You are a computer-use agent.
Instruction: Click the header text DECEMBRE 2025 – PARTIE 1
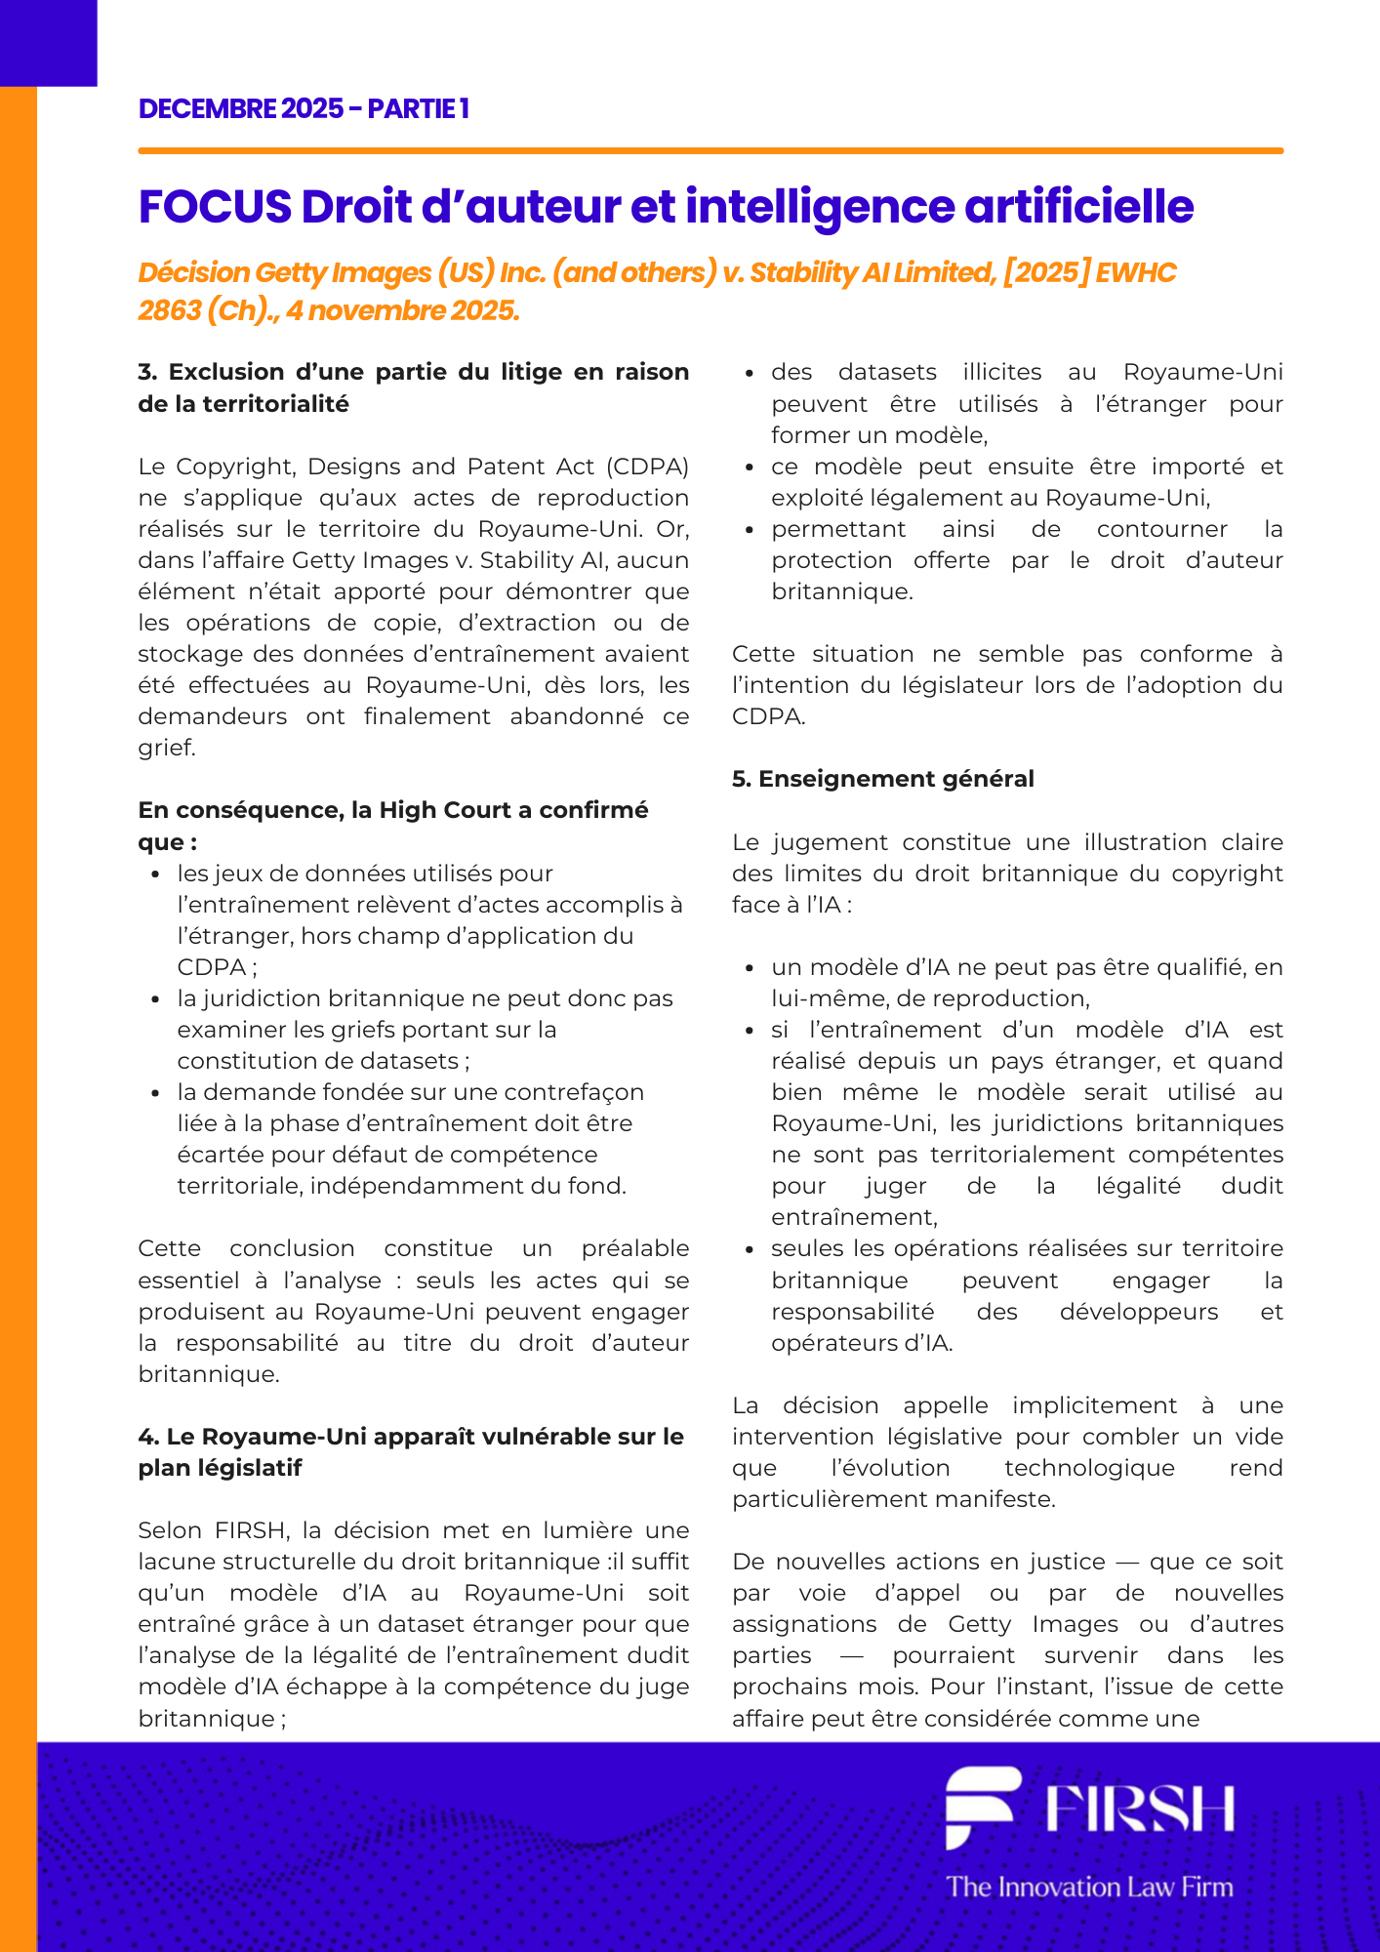[304, 108]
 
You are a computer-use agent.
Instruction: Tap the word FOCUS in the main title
[215, 207]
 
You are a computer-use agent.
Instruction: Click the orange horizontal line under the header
[710, 151]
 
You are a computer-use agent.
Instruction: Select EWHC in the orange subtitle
[1136, 272]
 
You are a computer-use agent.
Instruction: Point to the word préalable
[634, 1248]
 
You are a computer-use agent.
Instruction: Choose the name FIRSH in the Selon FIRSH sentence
[253, 1530]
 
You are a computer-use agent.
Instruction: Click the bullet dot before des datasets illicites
[750, 374]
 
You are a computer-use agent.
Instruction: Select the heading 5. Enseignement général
[882, 779]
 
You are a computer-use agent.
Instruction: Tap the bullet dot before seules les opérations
[750, 1250]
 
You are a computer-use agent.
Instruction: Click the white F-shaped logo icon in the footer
[982, 1807]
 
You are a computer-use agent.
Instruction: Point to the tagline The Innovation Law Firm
[1089, 1887]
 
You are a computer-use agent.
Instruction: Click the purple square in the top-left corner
[48, 42]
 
